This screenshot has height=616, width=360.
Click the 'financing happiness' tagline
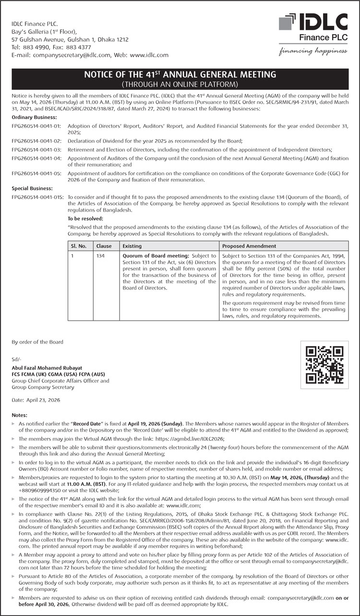pyautogui.click(x=313, y=51)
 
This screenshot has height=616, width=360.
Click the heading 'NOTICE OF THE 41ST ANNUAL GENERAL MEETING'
pyautogui.click(x=180, y=74)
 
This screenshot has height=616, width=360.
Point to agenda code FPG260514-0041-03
pyautogui.click(x=36, y=150)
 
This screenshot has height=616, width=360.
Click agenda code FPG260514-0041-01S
pyautogui.click(x=38, y=197)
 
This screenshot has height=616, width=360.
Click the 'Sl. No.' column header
pyautogui.click(x=79, y=246)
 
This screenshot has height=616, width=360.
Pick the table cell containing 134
pyautogui.click(x=100, y=256)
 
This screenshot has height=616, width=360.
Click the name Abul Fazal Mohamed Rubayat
pyautogui.click(x=48, y=368)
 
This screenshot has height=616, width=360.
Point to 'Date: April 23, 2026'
pyautogui.click(x=36, y=400)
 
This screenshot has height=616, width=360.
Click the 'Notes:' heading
pyautogui.click(x=20, y=415)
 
